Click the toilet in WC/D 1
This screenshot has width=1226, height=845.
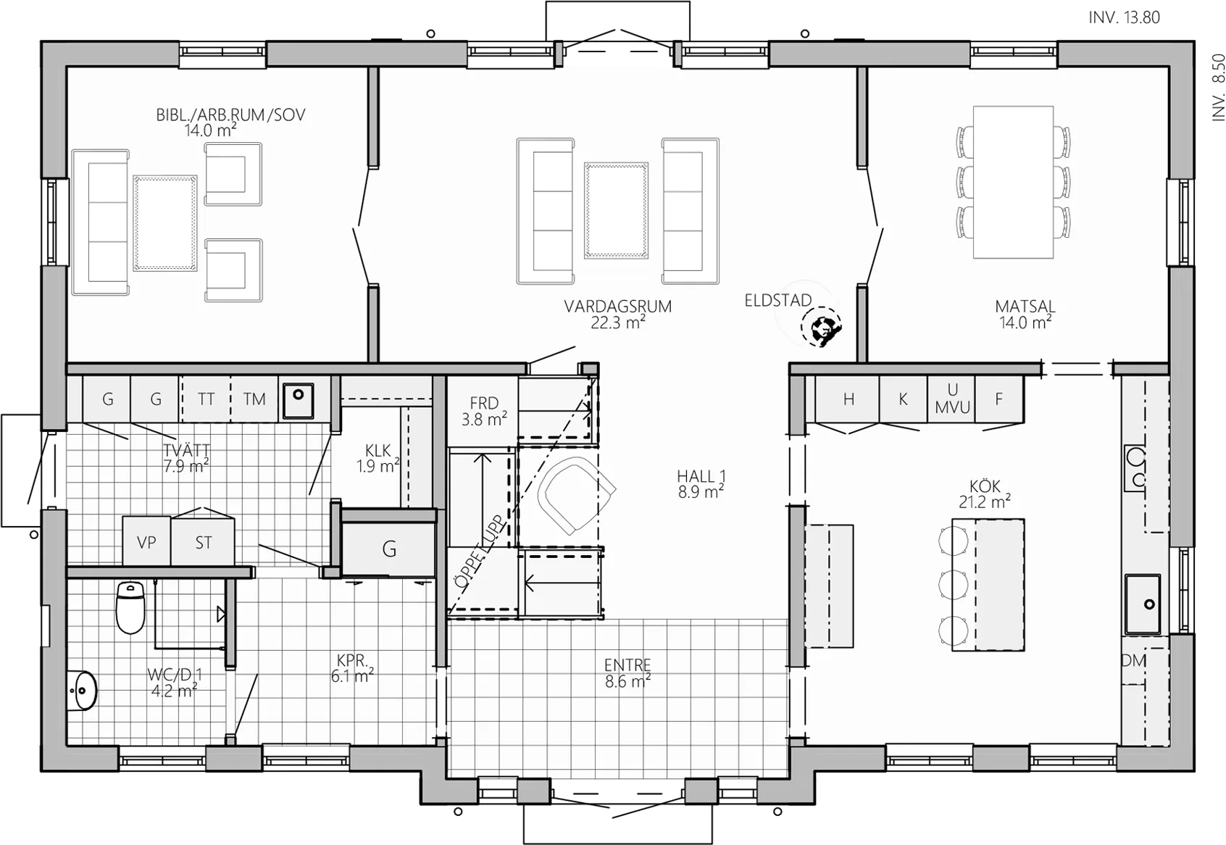(130, 607)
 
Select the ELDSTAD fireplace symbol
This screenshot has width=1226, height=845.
(820, 328)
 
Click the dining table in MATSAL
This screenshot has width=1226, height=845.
(1013, 182)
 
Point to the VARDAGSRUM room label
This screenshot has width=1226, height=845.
(618, 306)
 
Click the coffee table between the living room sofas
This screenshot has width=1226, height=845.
(617, 210)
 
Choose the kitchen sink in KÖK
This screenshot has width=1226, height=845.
(1143, 604)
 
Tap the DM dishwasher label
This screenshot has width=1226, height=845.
(1133, 661)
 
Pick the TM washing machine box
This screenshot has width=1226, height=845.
(254, 399)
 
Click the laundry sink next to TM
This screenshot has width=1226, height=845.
(299, 401)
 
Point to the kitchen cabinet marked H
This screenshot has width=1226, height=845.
(848, 399)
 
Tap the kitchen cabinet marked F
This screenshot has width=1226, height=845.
(999, 399)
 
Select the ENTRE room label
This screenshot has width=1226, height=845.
(627, 665)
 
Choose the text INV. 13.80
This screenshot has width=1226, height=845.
(1125, 17)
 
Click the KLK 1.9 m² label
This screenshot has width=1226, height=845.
(378, 459)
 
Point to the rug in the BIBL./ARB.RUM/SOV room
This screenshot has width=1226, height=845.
(164, 222)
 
